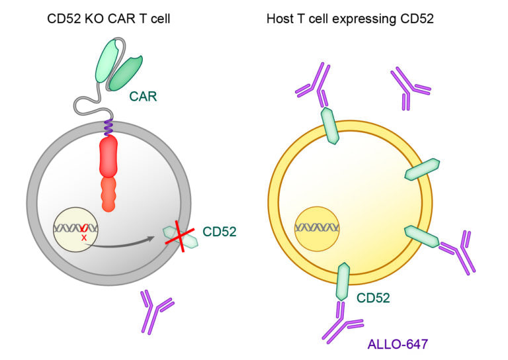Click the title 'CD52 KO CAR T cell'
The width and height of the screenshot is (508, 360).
click(108, 19)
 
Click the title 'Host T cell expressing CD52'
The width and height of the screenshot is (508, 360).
click(350, 19)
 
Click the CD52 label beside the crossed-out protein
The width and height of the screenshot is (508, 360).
click(220, 232)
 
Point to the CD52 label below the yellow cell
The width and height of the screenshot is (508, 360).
click(374, 298)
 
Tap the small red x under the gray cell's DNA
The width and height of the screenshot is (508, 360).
click(84, 236)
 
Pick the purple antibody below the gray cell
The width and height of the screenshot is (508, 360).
click(156, 310)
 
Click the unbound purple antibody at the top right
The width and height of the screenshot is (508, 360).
click(410, 86)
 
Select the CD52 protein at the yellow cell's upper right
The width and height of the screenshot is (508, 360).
click(421, 170)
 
